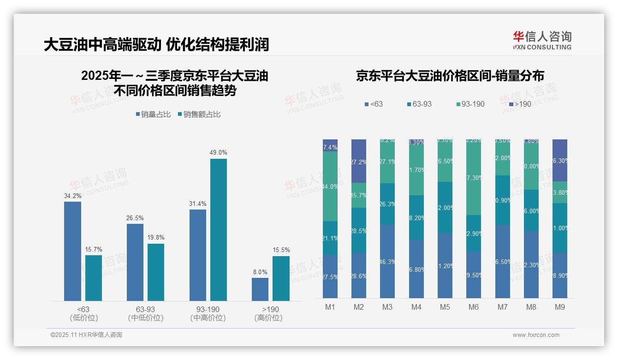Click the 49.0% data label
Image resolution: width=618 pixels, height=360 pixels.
219,153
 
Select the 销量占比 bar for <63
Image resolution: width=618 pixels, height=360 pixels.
72,251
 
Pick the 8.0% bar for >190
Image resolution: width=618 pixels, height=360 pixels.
260,289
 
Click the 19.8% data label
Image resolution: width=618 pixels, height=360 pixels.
156,238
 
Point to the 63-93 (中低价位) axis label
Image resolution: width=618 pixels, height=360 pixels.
145,313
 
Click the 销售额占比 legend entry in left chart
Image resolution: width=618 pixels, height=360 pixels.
199,114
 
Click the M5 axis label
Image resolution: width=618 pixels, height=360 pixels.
445,307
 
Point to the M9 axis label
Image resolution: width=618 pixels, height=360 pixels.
559,307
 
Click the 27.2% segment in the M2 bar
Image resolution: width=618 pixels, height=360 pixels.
359,161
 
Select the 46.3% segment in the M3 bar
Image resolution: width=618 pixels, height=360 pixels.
387,261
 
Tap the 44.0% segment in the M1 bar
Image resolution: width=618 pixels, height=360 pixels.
330,186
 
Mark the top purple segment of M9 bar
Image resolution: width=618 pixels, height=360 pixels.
559,160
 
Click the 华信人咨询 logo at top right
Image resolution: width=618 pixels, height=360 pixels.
542,41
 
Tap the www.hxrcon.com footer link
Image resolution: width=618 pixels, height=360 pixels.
536,335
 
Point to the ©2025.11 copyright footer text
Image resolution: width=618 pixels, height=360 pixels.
86,335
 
